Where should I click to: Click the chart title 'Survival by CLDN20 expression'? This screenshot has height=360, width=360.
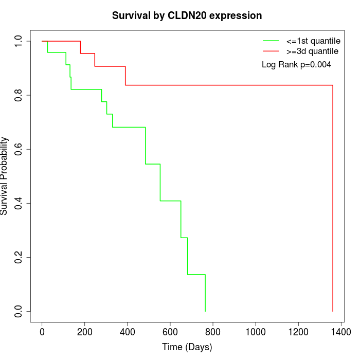coord(187,15)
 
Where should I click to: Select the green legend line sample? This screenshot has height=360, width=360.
coord(271,40)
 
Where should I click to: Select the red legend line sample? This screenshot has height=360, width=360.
coord(271,51)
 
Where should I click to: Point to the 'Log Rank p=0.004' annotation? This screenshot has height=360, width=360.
coord(296,65)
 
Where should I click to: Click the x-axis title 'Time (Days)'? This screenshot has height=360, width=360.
coord(187,347)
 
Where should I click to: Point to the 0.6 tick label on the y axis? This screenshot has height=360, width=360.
coord(19,149)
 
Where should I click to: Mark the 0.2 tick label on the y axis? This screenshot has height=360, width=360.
coord(19,257)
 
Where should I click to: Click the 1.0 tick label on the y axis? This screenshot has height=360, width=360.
coord(19,41)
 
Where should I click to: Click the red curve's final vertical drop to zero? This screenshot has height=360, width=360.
coord(333,206)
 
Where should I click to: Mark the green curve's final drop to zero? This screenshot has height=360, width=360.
coord(205,293)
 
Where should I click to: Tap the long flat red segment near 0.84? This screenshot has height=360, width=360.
coord(231,85)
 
